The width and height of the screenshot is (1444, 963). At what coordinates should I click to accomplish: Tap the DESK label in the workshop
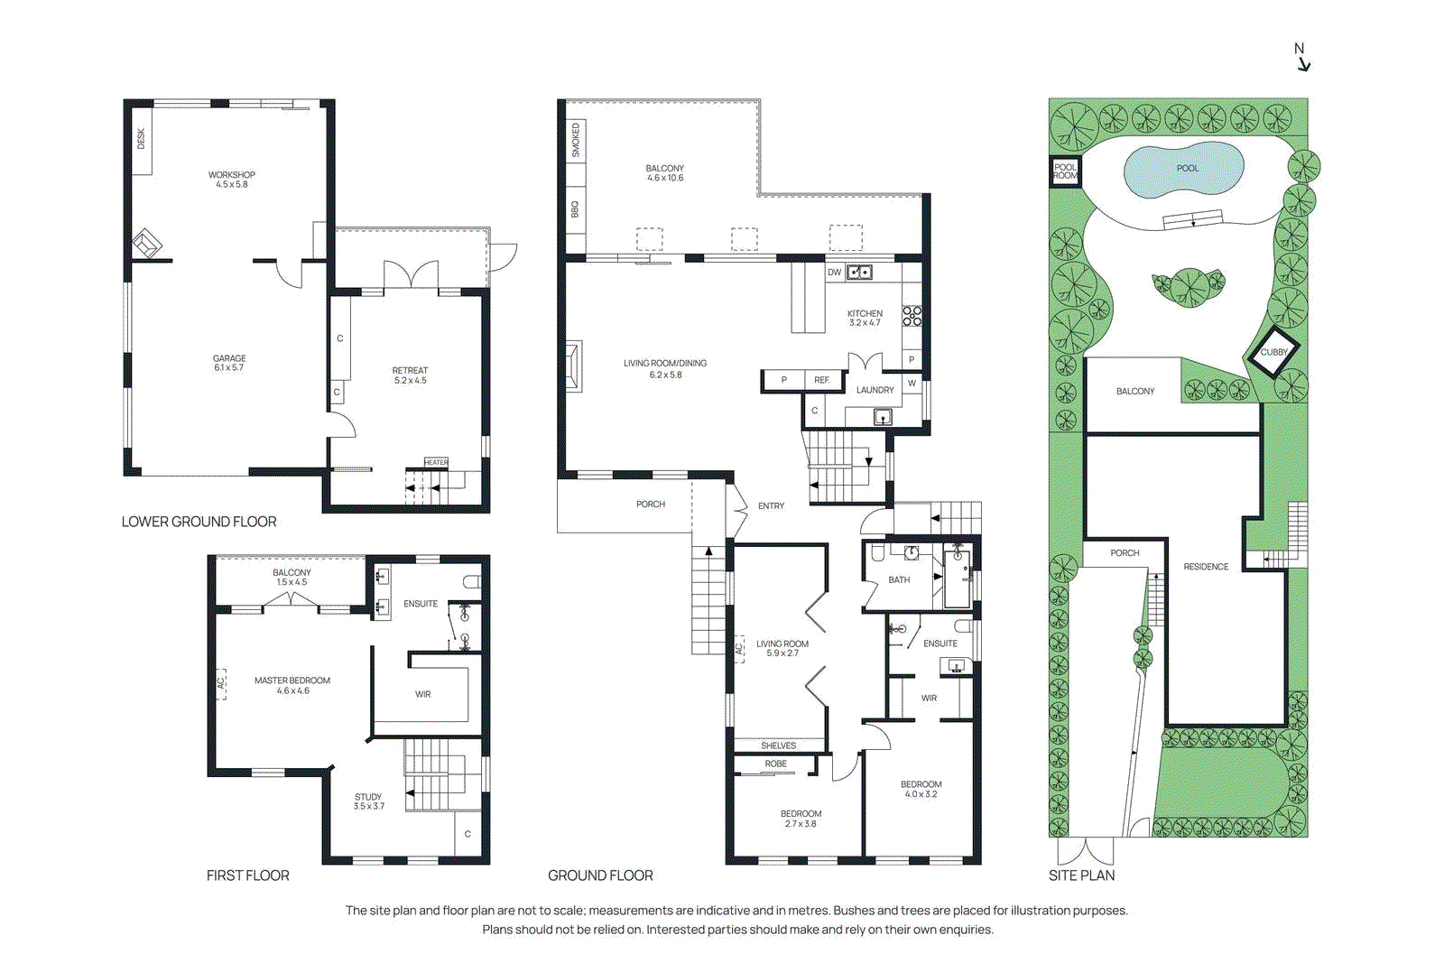coord(141,138)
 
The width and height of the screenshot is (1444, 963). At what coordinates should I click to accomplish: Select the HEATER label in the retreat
coord(436,462)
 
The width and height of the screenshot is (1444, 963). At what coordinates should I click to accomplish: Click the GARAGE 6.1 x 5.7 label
coord(229,363)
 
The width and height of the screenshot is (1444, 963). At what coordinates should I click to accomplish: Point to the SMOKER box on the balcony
coord(576,140)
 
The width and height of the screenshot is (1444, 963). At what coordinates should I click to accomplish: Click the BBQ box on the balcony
coord(575,209)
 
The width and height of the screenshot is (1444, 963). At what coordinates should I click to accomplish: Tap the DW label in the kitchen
coord(834,272)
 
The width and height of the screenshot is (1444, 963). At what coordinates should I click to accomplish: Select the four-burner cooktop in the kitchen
coord(912,316)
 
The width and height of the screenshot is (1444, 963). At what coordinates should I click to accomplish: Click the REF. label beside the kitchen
coord(821,380)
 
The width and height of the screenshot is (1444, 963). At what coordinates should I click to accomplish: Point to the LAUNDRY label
coord(875,390)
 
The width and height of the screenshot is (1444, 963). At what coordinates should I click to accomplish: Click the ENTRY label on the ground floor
coord(771,506)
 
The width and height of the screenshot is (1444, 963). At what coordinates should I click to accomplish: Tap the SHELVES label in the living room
coord(778,745)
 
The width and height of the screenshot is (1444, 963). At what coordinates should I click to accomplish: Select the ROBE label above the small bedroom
coord(775,764)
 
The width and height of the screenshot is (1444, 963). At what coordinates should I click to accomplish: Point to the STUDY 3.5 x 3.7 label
coord(368,801)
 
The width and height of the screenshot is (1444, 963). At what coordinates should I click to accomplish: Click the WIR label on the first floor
coord(423,694)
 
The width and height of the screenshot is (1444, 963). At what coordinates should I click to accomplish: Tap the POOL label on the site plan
coord(1188,169)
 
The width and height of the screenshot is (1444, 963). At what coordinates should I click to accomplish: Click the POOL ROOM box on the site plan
coord(1065,171)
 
